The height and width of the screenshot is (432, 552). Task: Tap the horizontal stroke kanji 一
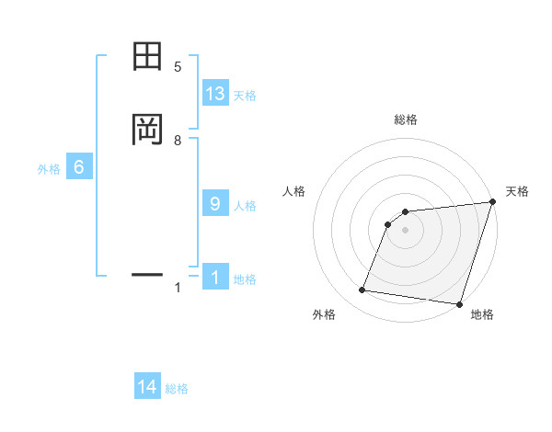click(x=147, y=274)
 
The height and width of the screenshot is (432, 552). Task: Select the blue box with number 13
click(x=215, y=94)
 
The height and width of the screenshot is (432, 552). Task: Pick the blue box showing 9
click(x=215, y=204)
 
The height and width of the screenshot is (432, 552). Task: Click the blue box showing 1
click(x=215, y=279)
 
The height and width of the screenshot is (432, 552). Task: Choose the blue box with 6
click(x=79, y=167)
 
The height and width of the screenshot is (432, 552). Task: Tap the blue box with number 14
click(x=147, y=388)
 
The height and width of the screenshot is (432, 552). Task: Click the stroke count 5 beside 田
click(x=178, y=67)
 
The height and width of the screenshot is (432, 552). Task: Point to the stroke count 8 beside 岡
click(x=178, y=141)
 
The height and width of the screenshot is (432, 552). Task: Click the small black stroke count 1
click(x=178, y=288)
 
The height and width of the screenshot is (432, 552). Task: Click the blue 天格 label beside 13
click(x=245, y=96)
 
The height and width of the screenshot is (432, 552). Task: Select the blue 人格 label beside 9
click(x=245, y=206)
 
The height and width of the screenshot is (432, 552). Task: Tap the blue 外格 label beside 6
click(x=49, y=169)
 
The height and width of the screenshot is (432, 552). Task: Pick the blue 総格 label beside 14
click(x=177, y=390)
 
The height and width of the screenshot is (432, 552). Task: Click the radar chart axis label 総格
click(x=406, y=119)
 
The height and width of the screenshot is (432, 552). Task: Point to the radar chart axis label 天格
click(x=517, y=191)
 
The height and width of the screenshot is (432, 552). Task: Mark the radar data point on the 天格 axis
click(x=493, y=202)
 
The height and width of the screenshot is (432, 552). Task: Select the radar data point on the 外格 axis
click(x=362, y=290)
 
